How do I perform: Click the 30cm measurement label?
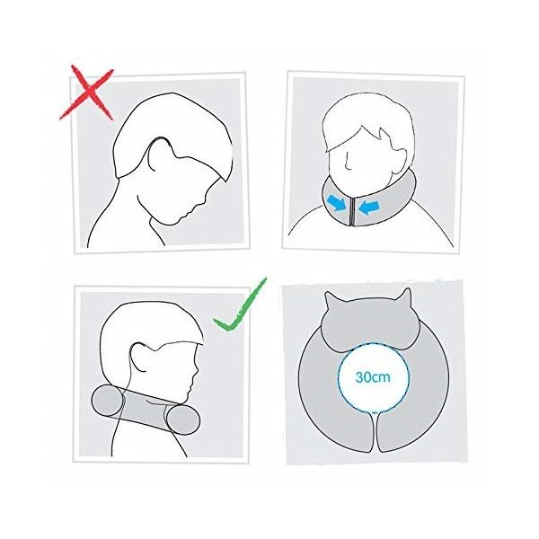[373, 377]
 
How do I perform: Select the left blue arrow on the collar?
[337, 203]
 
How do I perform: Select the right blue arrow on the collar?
[368, 208]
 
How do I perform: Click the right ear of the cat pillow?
[404, 296]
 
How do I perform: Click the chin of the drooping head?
[171, 223]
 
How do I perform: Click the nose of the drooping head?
[202, 200]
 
